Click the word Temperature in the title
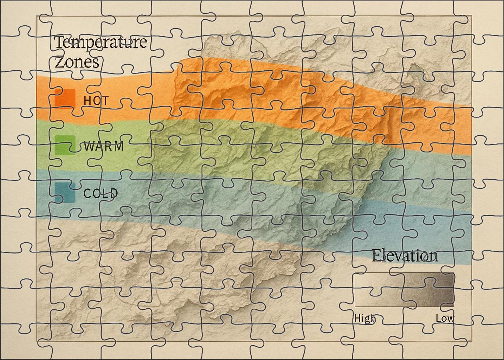[101, 43]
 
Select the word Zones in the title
[77, 62]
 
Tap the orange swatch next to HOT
[65, 99]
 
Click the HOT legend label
[96, 101]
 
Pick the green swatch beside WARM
[65, 145]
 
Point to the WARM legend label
[104, 146]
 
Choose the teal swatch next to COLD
[65, 193]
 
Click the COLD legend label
[101, 193]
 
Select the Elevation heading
[405, 256]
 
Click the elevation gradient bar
[404, 290]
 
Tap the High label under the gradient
[365, 319]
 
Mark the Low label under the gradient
[445, 319]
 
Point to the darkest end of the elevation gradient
[450, 290]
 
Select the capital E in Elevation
[376, 256]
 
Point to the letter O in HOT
[96, 101]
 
